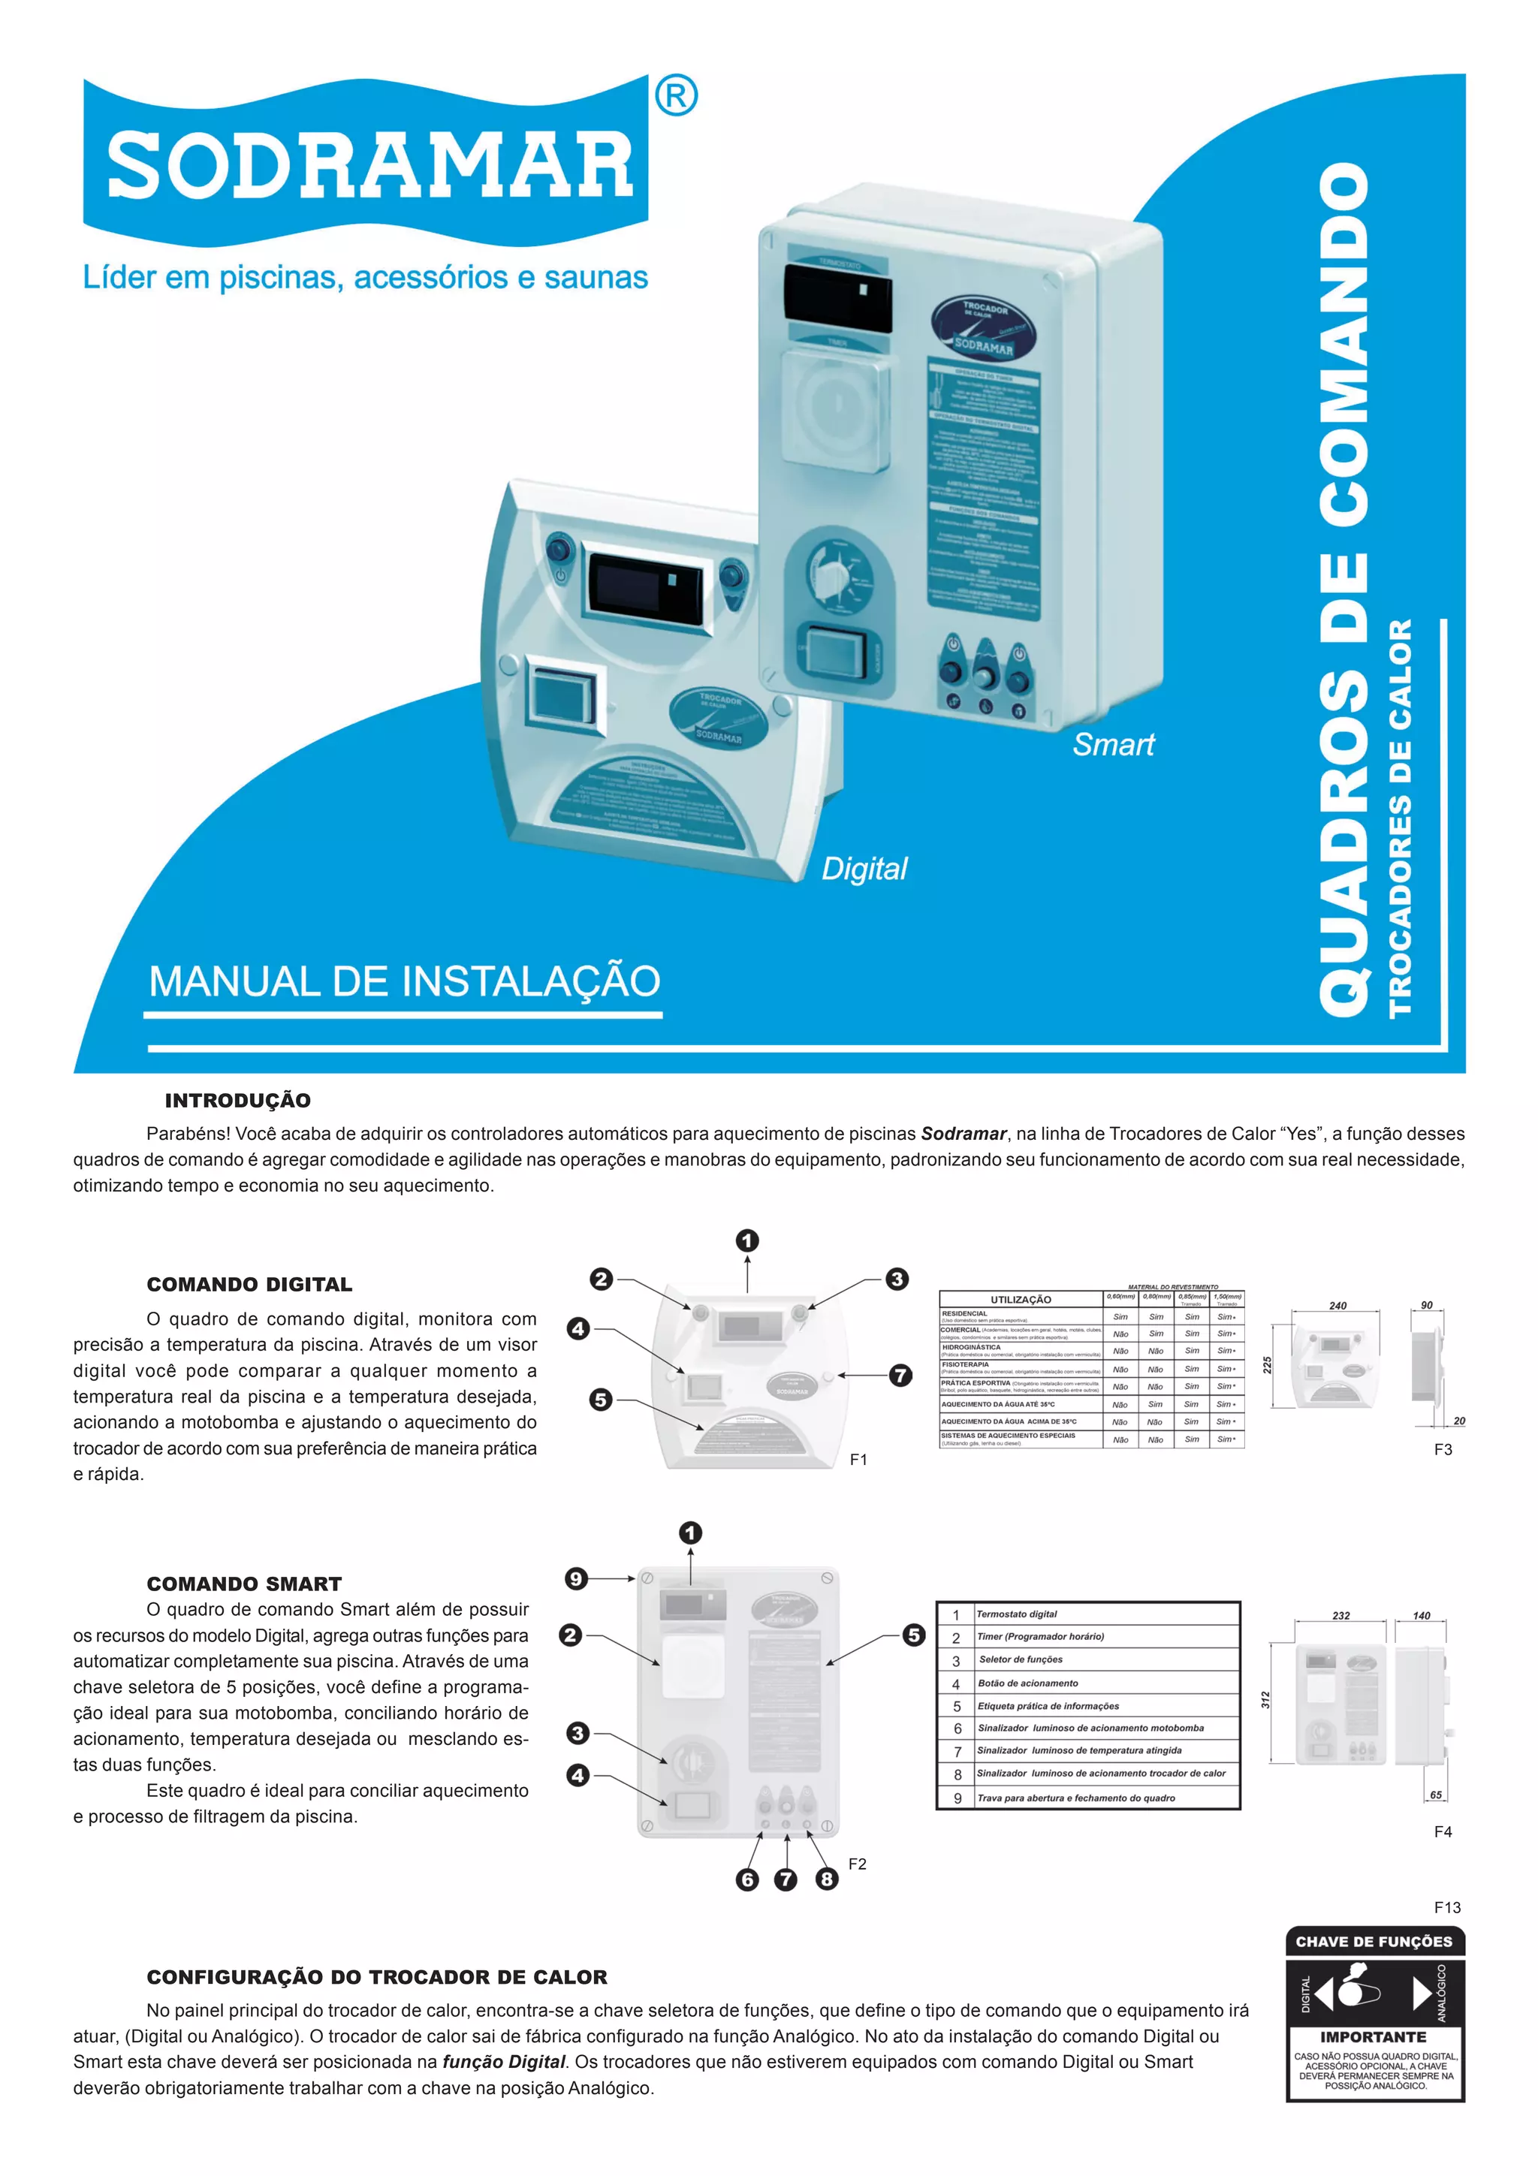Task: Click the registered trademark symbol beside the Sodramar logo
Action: tap(676, 97)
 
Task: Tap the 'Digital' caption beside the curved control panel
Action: tap(864, 868)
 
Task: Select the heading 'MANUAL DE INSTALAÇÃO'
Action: tap(405, 981)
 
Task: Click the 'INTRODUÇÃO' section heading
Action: tap(238, 1100)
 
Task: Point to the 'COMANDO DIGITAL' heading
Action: tap(249, 1284)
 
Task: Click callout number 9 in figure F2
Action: tap(575, 1579)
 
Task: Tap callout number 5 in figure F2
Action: tap(913, 1635)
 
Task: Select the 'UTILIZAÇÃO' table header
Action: tap(1021, 1299)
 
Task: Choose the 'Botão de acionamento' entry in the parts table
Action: tap(1027, 1683)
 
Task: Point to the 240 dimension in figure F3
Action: tap(1337, 1306)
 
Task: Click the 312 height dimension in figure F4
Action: tap(1265, 1700)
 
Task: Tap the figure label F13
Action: tap(1446, 1908)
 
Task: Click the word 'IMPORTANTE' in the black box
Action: tap(1373, 2036)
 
